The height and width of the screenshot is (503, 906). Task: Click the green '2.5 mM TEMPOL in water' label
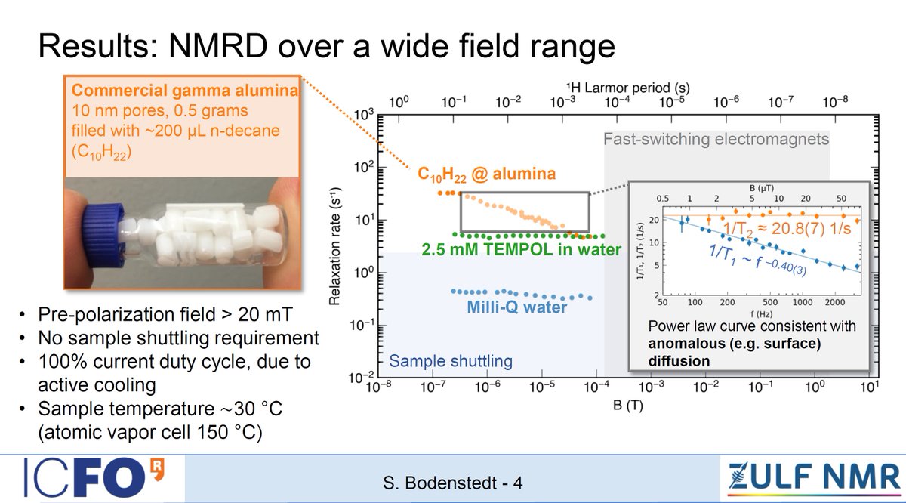(x=520, y=249)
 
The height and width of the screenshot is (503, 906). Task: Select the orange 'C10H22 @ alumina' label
(x=487, y=174)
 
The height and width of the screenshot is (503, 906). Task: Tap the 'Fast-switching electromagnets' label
(x=716, y=139)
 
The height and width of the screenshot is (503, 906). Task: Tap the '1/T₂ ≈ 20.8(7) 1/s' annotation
(x=785, y=225)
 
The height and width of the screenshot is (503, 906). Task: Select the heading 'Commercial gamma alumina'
(x=184, y=91)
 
